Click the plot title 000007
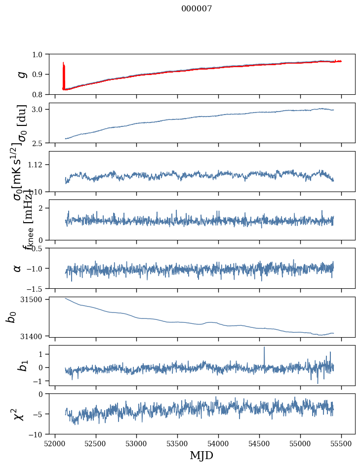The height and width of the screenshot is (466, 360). (x=197, y=9)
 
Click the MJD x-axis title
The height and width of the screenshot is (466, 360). (x=201, y=455)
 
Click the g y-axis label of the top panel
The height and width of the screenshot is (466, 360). (x=21, y=74)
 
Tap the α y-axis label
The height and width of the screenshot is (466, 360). (x=18, y=268)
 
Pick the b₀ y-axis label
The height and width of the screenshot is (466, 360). (x=11, y=317)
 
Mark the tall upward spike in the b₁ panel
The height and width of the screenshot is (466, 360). (x=264, y=348)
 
